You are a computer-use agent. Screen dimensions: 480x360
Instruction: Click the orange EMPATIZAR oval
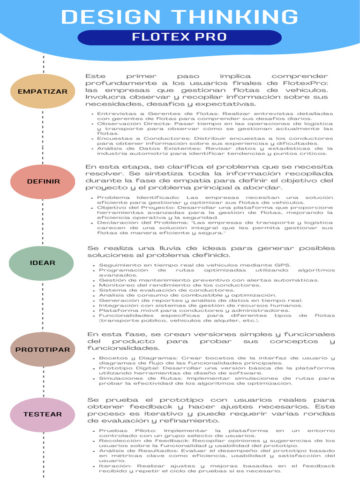click(43, 91)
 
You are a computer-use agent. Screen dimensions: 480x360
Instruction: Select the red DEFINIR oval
click(43, 181)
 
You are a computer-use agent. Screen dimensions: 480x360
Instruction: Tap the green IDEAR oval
click(42, 263)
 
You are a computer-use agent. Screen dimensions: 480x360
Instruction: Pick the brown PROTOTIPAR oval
click(43, 350)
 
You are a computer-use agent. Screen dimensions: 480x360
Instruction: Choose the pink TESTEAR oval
click(43, 414)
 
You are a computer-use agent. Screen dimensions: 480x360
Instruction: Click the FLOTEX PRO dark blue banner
click(180, 37)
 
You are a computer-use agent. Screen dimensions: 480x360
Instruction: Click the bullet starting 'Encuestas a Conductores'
click(215, 141)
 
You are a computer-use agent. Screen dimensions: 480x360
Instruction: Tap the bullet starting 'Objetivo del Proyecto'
click(215, 212)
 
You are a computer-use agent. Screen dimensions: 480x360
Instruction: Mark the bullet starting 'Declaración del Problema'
click(215, 228)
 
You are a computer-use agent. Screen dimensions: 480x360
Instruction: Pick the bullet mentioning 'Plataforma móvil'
click(194, 310)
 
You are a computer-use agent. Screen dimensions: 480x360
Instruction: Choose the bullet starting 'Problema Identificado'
click(215, 200)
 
